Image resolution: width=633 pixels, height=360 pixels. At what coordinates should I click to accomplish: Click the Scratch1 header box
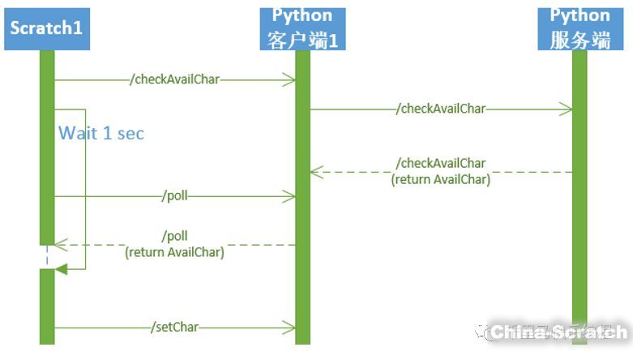point(46,28)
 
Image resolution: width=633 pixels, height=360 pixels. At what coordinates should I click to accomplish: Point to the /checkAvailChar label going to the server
point(442,109)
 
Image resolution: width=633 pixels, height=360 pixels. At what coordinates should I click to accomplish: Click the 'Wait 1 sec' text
point(101,133)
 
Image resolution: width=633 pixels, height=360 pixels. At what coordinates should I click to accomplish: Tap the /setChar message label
point(174,328)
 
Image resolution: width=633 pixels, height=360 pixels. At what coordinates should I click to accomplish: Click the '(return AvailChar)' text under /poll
point(174,252)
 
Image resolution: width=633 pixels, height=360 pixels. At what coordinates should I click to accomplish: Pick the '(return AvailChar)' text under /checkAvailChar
point(441,180)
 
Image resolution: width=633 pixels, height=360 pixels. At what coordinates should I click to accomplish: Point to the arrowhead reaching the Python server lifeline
point(566,109)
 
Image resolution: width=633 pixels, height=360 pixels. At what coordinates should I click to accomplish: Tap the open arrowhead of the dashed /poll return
point(60,244)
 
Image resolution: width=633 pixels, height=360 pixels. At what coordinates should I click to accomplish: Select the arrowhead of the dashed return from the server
point(316,172)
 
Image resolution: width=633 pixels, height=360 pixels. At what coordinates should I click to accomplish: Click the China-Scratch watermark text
point(559,332)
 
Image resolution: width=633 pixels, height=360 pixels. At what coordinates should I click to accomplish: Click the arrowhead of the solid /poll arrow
point(289,195)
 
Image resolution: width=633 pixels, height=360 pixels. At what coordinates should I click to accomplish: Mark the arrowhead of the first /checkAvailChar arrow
point(289,79)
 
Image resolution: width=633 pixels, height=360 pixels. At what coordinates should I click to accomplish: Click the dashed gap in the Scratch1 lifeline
point(46,257)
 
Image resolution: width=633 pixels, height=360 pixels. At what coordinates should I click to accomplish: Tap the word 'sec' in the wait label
point(130,133)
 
